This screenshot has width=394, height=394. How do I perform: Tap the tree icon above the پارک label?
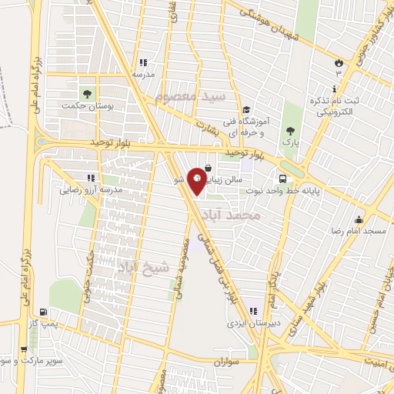pyautogui.click(x=290, y=130)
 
